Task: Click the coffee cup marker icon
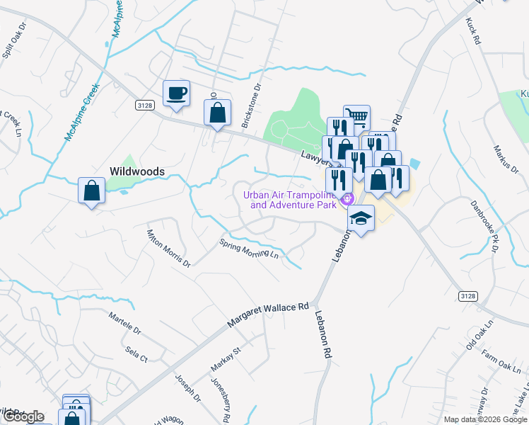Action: coord(176,93)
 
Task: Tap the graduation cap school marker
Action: coord(361,218)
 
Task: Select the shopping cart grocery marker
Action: coord(356,118)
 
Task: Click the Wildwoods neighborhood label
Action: coord(136,171)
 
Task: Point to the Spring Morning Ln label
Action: coord(250,249)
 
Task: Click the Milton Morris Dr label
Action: coord(168,247)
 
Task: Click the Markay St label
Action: coord(226,359)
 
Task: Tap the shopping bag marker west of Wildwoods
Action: coord(91,191)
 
